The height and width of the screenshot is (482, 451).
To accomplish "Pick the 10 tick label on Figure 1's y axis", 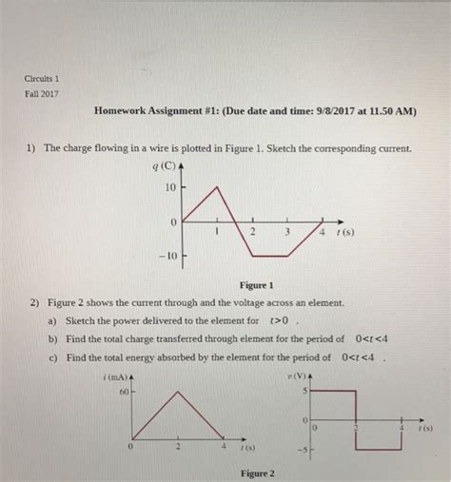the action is (170, 187).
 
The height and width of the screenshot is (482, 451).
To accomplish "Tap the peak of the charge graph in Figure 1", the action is (219, 186).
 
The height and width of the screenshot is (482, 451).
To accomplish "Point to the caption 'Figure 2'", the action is (258, 473).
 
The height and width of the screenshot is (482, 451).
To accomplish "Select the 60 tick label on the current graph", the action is (124, 391).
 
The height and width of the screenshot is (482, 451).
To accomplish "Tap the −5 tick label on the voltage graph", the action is (302, 450).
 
